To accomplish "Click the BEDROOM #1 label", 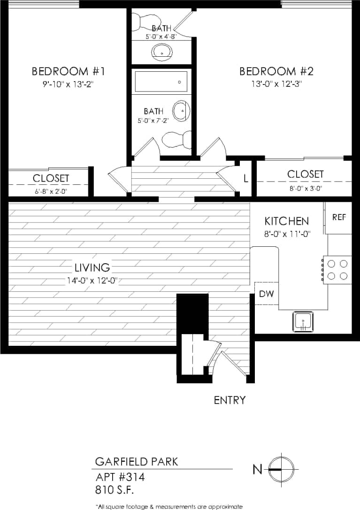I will pos(68,72).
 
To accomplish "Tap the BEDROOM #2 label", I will pos(276,72).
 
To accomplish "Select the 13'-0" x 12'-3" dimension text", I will pos(276,84).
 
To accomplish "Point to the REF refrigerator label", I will pos(339,217).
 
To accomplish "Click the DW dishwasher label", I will pos(266,294).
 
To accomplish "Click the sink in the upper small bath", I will pos(162,53).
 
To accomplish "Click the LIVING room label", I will pos(92,268).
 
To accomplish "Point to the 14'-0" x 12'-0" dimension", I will pos(92,281).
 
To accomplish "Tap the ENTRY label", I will pos(230,400).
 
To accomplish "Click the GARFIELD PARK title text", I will pos(137,462).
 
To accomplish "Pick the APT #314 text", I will pos(120,478).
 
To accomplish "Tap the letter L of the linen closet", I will pos(245,178).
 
